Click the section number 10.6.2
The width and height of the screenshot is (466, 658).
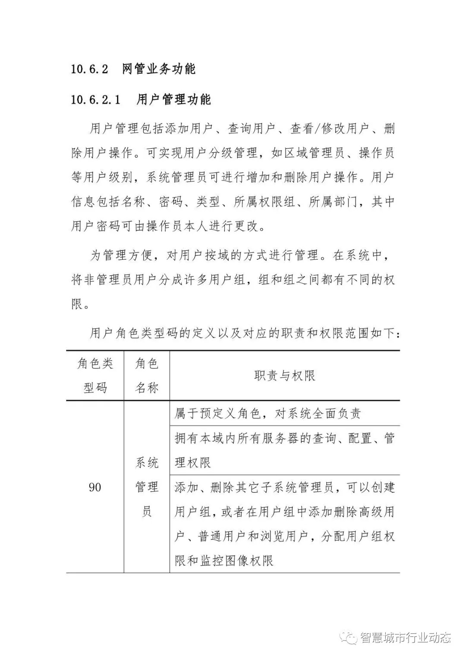(89, 69)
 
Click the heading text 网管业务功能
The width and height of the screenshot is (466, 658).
(159, 69)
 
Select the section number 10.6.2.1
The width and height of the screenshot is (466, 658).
(95, 100)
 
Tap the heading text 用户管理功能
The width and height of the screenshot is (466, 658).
(173, 100)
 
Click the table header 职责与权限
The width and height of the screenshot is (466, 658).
(285, 376)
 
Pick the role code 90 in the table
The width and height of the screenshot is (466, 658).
(95, 487)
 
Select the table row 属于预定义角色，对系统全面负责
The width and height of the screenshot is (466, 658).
(268, 414)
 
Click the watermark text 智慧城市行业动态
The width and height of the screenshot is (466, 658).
(405, 637)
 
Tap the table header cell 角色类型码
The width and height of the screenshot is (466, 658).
(95, 376)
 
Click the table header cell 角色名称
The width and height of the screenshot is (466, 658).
(147, 376)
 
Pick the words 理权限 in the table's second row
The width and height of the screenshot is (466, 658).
(193, 463)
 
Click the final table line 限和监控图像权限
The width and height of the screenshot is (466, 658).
(224, 561)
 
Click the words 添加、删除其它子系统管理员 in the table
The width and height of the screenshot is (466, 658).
(255, 487)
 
